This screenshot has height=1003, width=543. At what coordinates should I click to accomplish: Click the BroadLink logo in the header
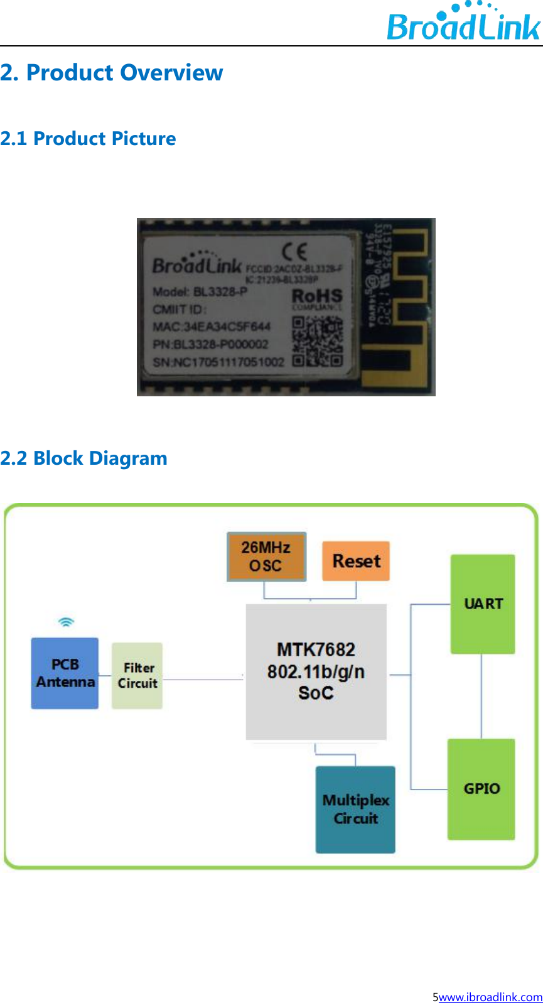463,23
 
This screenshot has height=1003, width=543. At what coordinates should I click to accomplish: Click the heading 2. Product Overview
112,73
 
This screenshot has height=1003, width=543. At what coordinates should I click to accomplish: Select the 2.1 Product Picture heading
88,138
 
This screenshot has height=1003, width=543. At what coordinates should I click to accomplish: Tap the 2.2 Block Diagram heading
83,458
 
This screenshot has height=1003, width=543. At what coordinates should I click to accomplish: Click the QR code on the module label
317,341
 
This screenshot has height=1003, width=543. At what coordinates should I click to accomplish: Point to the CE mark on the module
294,252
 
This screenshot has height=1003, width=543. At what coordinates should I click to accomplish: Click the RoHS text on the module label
317,296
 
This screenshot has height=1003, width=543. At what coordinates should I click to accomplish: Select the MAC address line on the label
211,327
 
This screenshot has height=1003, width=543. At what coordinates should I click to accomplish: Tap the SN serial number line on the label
218,362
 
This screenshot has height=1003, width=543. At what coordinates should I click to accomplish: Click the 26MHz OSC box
266,556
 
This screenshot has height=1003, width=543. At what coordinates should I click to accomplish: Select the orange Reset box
356,561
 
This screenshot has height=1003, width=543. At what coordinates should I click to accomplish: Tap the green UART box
483,604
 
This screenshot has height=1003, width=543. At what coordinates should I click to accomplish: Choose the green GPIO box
481,789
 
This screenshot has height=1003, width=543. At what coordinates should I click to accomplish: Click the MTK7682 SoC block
316,671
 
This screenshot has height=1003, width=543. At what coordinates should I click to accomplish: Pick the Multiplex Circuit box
355,809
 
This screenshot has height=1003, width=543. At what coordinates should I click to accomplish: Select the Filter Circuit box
137,676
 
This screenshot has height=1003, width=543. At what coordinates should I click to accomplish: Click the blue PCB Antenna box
65,673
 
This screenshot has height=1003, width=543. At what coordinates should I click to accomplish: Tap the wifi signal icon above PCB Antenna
66,622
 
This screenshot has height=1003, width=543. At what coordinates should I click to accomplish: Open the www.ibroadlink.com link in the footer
490,997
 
